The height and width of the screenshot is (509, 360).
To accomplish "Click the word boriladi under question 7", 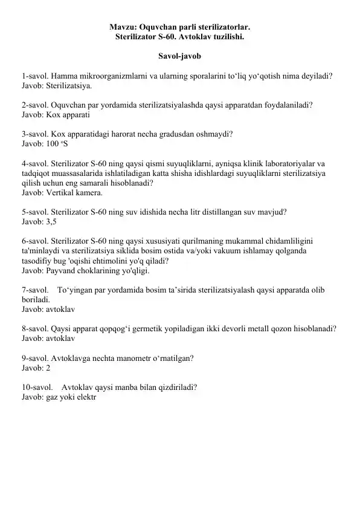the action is point(35,299).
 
